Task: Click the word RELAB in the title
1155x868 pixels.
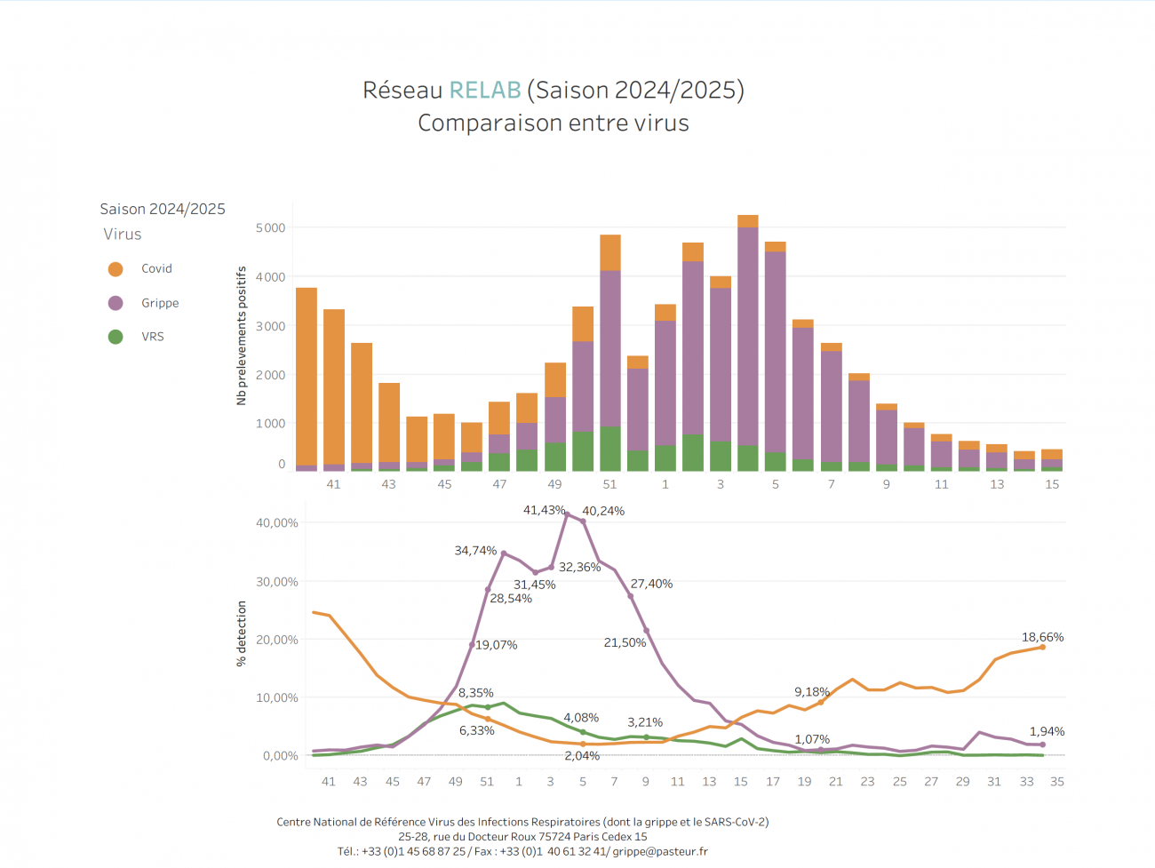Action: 484,91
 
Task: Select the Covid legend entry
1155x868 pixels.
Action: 156,268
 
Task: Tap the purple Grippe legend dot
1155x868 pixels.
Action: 115,303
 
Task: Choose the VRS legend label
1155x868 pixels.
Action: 153,337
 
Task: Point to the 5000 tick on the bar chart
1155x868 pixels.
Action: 271,228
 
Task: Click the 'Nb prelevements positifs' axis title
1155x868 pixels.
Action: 242,336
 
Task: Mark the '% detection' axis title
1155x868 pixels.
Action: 242,633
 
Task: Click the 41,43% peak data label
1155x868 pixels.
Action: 544,510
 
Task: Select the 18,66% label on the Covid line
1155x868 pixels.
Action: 1042,637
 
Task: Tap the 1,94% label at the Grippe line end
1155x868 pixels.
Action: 1047,731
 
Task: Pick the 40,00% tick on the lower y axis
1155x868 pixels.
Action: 277,523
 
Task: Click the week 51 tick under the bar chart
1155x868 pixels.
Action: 609,484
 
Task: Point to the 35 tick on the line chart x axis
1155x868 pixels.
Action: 1057,782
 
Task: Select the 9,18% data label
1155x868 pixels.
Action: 811,691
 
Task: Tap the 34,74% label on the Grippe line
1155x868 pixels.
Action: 475,551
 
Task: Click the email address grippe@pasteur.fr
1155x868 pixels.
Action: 660,851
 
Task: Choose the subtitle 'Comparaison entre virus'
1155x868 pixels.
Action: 554,123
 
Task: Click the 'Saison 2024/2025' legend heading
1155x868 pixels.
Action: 163,209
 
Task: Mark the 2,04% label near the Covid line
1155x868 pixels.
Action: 582,756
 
